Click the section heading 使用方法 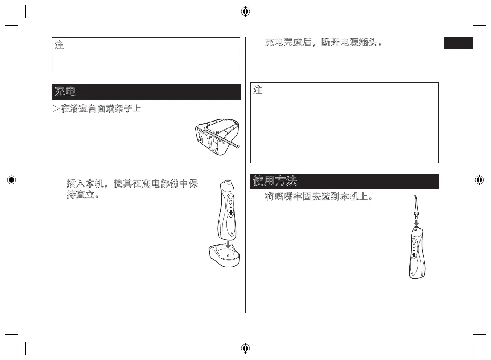tap(275, 181)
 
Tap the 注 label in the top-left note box tap(59, 45)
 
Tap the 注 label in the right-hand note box tap(257, 90)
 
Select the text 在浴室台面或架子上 tap(101, 109)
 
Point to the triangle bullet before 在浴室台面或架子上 tap(56, 109)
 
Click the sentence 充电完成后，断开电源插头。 tap(323, 43)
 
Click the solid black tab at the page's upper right tap(458, 44)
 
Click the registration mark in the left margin tap(12, 180)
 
